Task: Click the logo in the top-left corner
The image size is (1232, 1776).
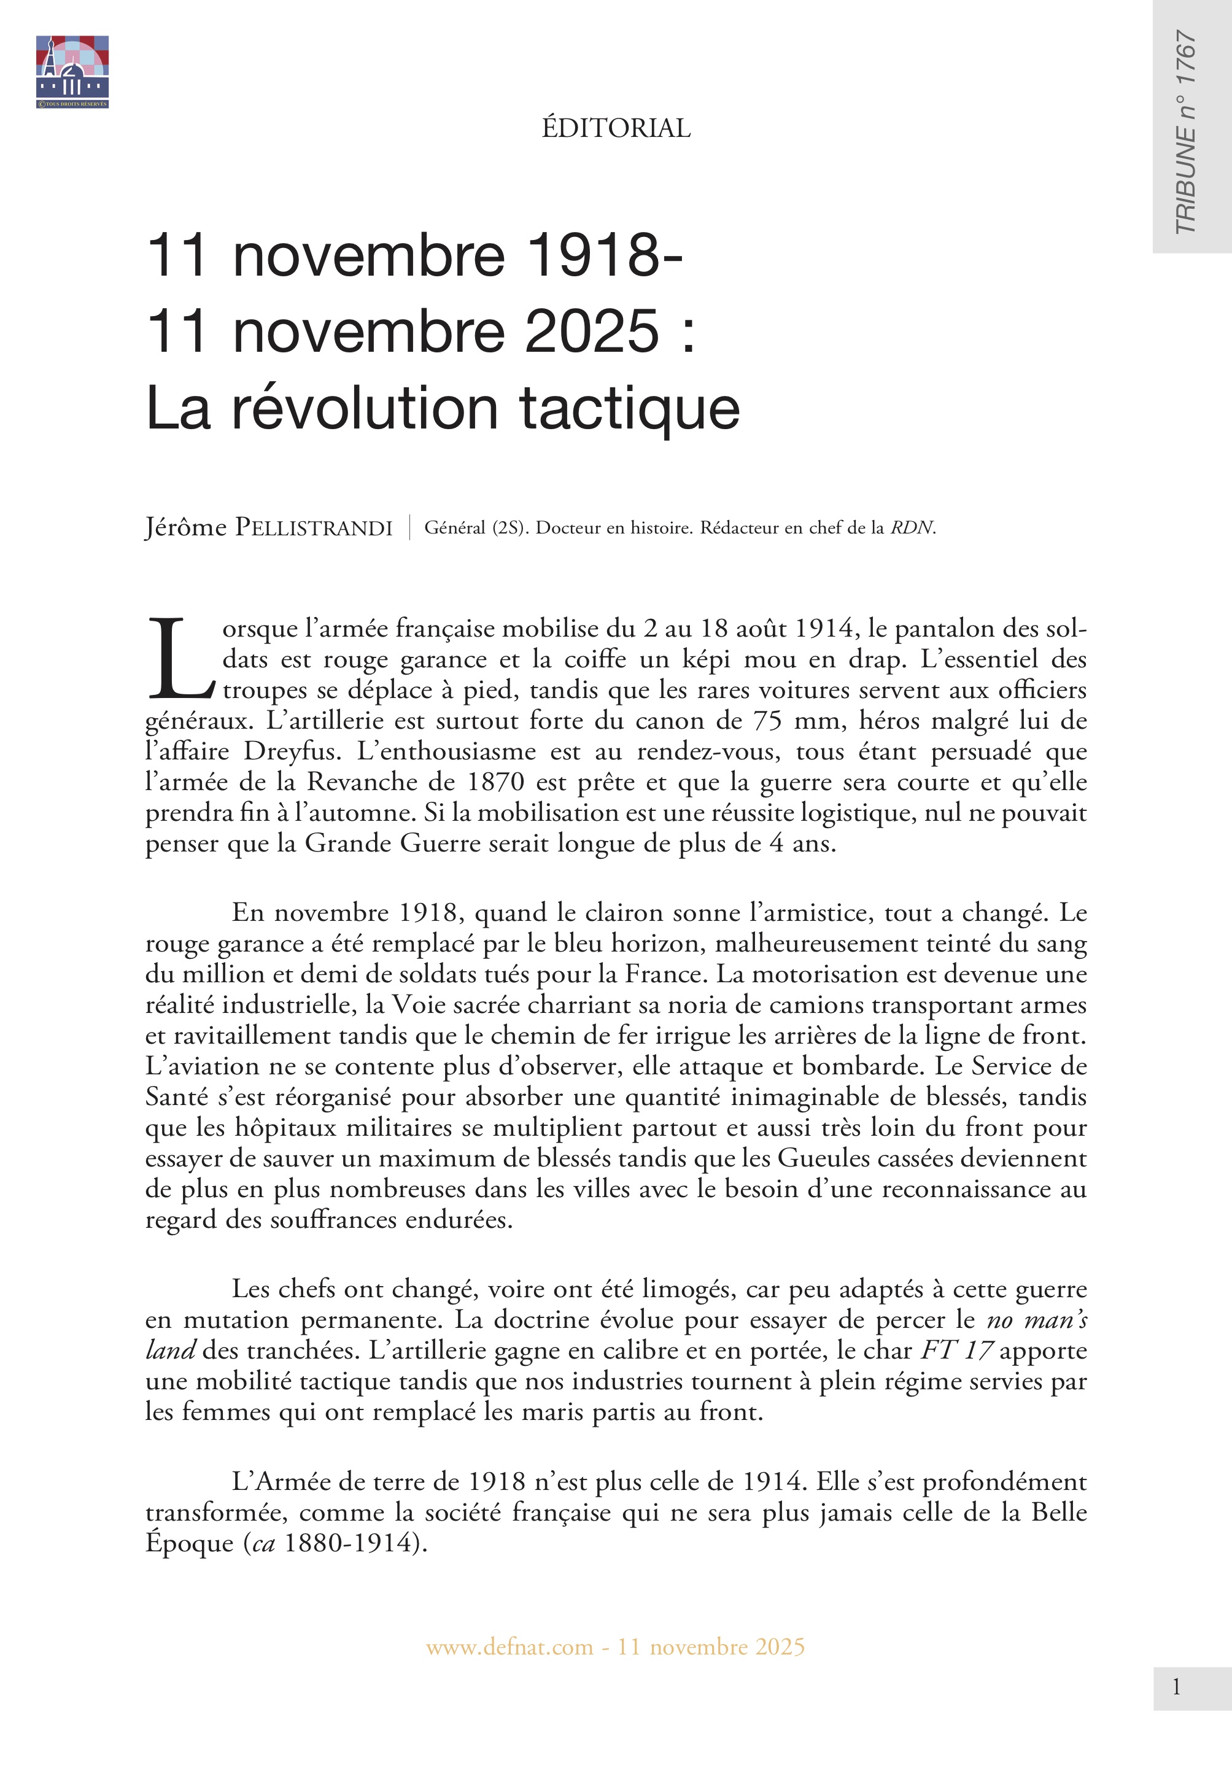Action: (72, 71)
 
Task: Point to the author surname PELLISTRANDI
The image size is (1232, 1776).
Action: (314, 528)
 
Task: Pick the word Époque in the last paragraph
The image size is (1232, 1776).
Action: (189, 1542)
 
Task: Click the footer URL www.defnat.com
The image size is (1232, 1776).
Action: (509, 1646)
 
